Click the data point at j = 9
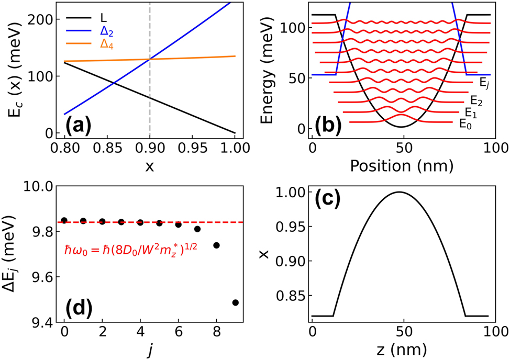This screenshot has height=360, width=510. pyautogui.click(x=235, y=302)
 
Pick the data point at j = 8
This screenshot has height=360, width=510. pyautogui.click(x=216, y=245)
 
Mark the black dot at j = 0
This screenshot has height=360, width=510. pyautogui.click(x=64, y=220)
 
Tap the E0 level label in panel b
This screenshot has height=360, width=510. pyautogui.click(x=464, y=124)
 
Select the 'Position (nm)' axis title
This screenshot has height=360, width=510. pyautogui.click(x=401, y=165)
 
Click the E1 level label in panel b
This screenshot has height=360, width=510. pyautogui.click(x=470, y=112)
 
